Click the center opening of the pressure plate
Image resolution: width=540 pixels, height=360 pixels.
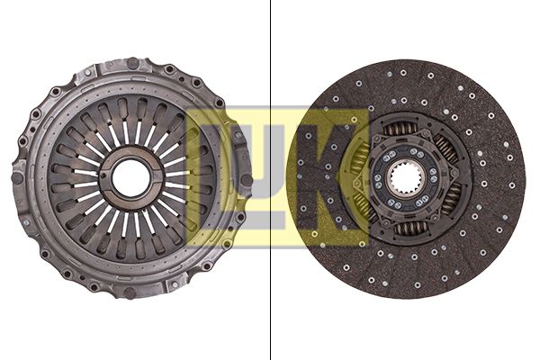[131, 178]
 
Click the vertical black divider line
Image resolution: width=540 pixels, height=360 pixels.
[271, 180]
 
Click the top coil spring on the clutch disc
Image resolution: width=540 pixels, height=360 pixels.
[402, 130]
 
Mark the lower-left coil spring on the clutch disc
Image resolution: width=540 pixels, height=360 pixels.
[364, 208]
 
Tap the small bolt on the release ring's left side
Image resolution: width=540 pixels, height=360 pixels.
[104, 179]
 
